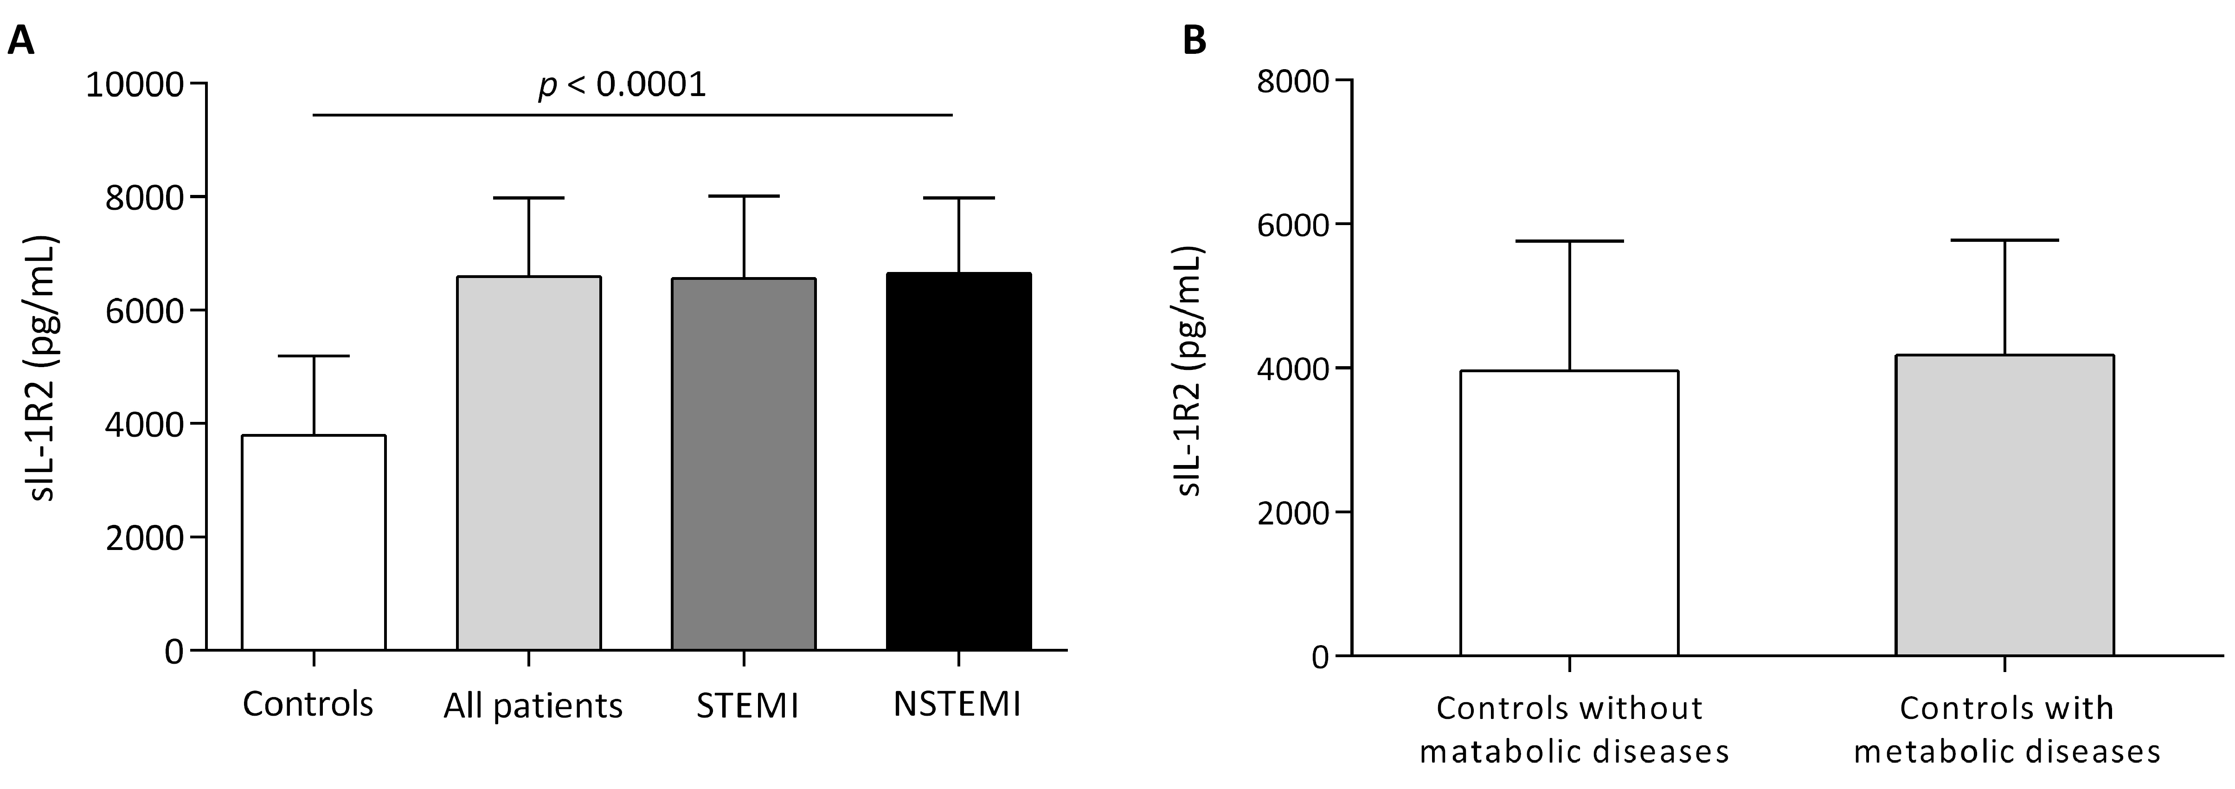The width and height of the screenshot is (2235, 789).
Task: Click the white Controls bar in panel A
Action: coord(313,543)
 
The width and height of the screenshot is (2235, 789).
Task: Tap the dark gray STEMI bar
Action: coord(744,465)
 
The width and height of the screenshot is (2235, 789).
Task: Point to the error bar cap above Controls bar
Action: coord(313,356)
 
